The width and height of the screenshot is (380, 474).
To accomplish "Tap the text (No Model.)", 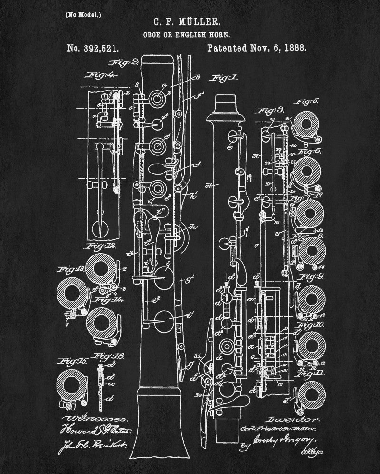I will click(83, 14).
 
